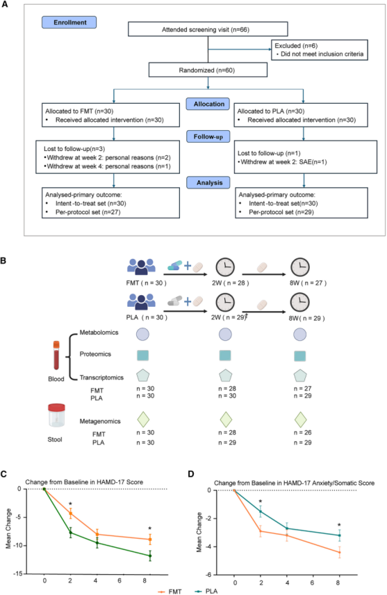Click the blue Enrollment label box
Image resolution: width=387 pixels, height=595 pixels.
(69, 22)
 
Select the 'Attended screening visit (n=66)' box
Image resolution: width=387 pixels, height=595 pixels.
(208, 29)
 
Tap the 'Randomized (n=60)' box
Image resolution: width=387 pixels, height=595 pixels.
(208, 70)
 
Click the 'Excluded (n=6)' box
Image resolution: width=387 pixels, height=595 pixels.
(320, 49)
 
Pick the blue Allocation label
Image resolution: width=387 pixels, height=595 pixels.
(208, 104)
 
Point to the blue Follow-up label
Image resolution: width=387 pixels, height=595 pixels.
(208, 136)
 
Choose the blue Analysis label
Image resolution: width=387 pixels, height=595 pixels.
(208, 182)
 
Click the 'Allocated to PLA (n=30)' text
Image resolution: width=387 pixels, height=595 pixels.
(271, 111)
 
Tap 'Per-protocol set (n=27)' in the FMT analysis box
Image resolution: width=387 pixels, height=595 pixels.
(88, 212)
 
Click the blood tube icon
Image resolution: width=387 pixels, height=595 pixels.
(56, 356)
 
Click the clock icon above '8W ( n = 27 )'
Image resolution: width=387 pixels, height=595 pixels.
(300, 267)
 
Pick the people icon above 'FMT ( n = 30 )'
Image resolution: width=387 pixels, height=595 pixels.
(141, 267)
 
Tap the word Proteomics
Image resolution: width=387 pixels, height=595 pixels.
(95, 354)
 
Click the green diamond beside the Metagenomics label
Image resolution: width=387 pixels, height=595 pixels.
(143, 420)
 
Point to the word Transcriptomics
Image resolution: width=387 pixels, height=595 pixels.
(101, 378)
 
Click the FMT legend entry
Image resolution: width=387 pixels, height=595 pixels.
(170, 592)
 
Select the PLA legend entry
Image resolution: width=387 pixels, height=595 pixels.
(206, 592)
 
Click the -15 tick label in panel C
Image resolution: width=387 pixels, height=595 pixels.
(18, 573)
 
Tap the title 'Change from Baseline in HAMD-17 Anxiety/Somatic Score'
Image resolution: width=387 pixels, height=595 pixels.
(294, 483)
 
